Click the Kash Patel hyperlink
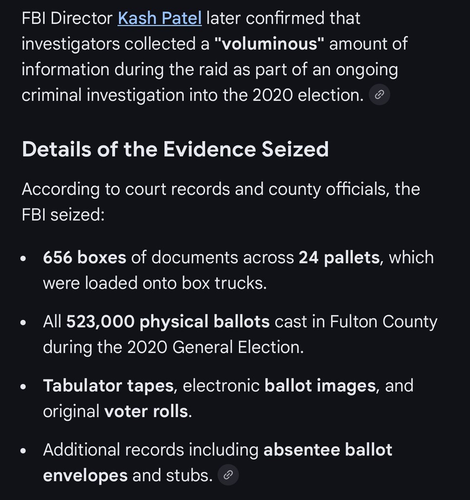point(160,19)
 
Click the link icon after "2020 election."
point(379,95)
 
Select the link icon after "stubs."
point(228,475)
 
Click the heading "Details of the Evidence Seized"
point(175,149)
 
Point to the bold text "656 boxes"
point(84,257)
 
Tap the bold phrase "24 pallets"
point(339,257)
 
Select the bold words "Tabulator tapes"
point(108,386)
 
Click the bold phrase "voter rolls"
point(146,411)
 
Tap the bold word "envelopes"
point(85,475)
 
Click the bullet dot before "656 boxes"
point(23,259)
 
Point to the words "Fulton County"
point(384,322)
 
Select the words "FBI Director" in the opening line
point(67,19)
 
